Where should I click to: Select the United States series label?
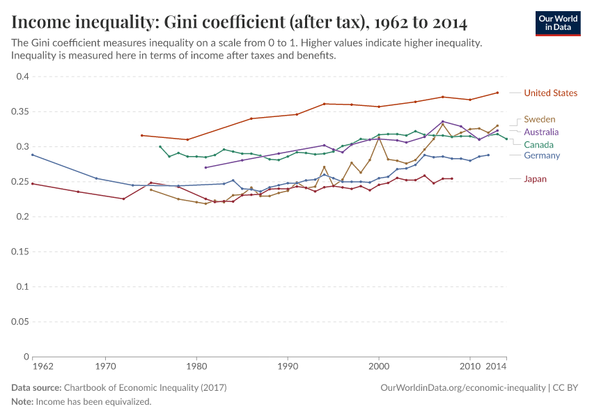pyautogui.click(x=550, y=93)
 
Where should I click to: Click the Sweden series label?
pyautogui.click(x=539, y=119)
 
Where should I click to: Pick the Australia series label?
pyautogui.click(x=541, y=132)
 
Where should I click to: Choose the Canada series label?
pyautogui.click(x=538, y=144)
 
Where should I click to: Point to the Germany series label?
pyautogui.click(x=541, y=155)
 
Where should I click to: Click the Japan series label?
pyautogui.click(x=535, y=179)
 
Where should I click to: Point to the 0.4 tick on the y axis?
pyautogui.click(x=22, y=76)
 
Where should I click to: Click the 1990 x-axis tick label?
pyautogui.click(x=287, y=365)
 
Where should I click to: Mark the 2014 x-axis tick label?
pyautogui.click(x=497, y=365)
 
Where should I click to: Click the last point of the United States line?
pyautogui.click(x=497, y=93)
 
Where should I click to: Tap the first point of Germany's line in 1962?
pyautogui.click(x=32, y=155)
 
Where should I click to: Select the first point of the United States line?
pyautogui.click(x=141, y=135)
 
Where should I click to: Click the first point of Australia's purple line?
pyautogui.click(x=205, y=167)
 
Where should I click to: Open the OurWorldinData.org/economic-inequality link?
pyautogui.click(x=462, y=388)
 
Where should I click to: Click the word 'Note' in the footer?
pyautogui.click(x=22, y=402)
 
